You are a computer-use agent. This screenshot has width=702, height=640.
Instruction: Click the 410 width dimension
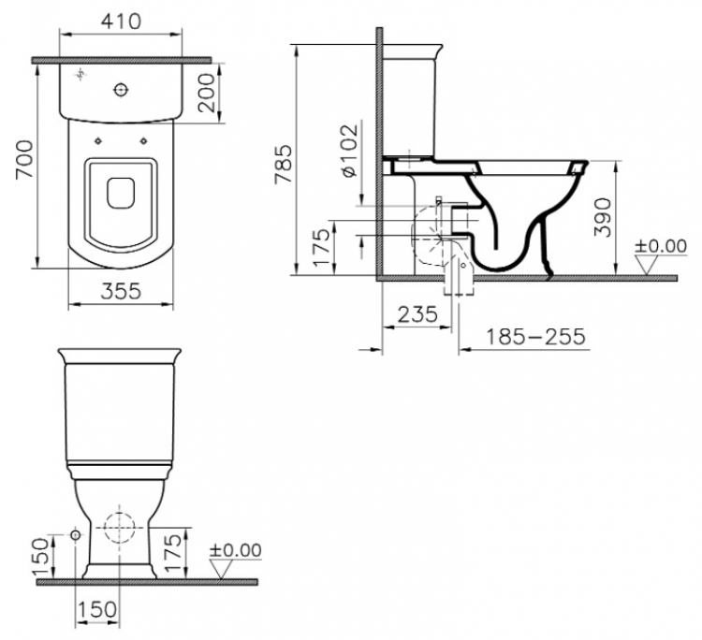[121, 21]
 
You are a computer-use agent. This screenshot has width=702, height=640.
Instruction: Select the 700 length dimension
[24, 159]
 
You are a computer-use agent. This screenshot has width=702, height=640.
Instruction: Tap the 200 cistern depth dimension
[207, 93]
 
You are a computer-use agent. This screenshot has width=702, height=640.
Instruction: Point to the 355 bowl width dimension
[121, 291]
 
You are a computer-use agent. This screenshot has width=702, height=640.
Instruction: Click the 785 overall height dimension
[284, 164]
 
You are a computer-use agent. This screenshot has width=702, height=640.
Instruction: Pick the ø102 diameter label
[350, 150]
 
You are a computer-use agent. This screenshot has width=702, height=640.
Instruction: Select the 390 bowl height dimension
[603, 217]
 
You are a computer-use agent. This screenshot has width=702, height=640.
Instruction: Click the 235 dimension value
[417, 314]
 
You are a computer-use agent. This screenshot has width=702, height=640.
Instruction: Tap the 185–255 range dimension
[535, 337]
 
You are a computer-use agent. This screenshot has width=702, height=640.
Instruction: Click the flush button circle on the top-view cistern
[121, 90]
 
